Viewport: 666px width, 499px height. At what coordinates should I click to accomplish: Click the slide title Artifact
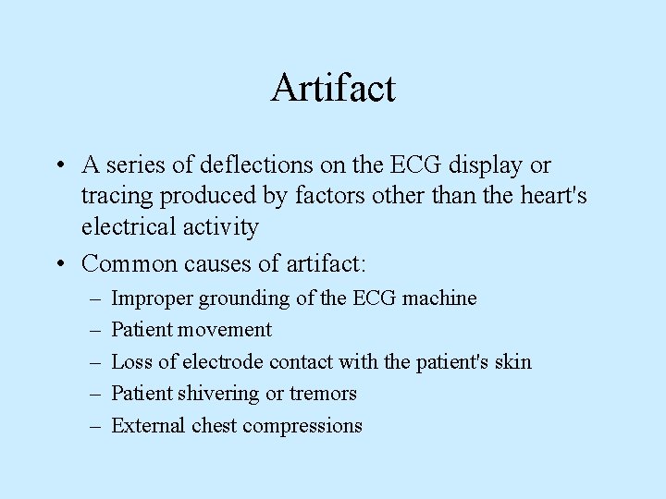333,89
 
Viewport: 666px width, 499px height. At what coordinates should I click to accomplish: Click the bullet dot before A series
57,166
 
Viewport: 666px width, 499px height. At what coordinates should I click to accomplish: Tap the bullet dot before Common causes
57,264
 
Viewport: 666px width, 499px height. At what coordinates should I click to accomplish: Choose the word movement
226,330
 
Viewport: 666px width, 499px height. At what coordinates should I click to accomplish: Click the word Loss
129,361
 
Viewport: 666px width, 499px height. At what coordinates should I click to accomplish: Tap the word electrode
224,361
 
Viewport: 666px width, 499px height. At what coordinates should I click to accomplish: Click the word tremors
323,394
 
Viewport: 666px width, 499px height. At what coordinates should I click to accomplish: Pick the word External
148,425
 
